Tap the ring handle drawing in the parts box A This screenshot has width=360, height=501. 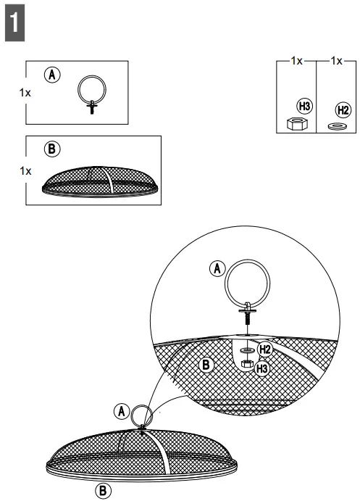(92, 94)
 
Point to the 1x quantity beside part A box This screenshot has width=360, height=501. (26, 93)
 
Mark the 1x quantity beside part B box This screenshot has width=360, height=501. (26, 171)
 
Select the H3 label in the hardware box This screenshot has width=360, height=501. (304, 107)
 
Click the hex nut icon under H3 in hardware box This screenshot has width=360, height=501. (295, 124)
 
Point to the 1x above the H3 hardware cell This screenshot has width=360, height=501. (296, 62)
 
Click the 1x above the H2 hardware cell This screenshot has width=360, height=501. (336, 62)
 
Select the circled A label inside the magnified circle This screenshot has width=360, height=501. (216, 269)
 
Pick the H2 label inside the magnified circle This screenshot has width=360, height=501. (264, 349)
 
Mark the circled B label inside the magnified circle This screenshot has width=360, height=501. (206, 365)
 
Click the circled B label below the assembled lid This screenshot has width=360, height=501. (104, 491)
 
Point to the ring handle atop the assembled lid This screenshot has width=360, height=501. (141, 415)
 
